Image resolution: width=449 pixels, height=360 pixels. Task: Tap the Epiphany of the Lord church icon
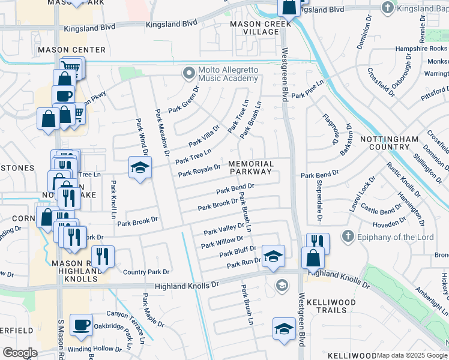point(346,236)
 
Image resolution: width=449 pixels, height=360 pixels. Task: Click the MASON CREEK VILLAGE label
point(255,28)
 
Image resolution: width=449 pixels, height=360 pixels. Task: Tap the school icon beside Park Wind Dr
point(139,167)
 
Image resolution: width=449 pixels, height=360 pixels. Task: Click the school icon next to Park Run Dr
point(273,256)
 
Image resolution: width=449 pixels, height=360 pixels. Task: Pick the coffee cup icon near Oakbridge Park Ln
point(81,325)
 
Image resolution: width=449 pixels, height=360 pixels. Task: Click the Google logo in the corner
point(20,353)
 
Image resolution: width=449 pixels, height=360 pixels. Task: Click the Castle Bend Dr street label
point(378,211)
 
